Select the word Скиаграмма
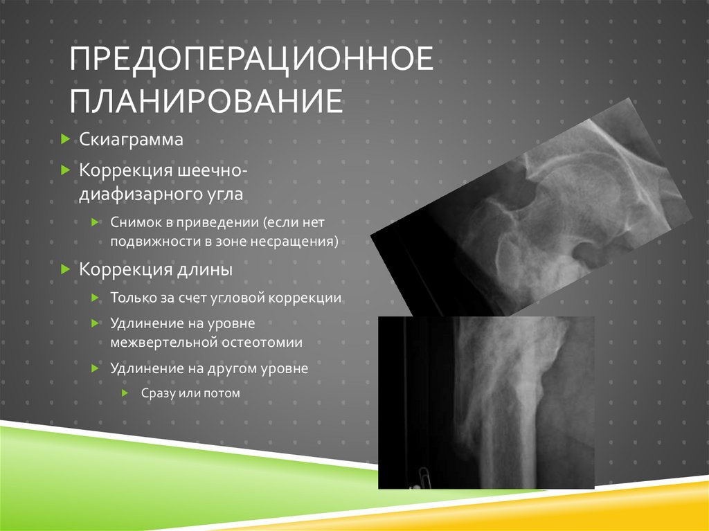point(131,140)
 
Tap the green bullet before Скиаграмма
point(65,140)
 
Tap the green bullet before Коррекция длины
point(65,269)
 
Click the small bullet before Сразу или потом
point(125,393)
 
